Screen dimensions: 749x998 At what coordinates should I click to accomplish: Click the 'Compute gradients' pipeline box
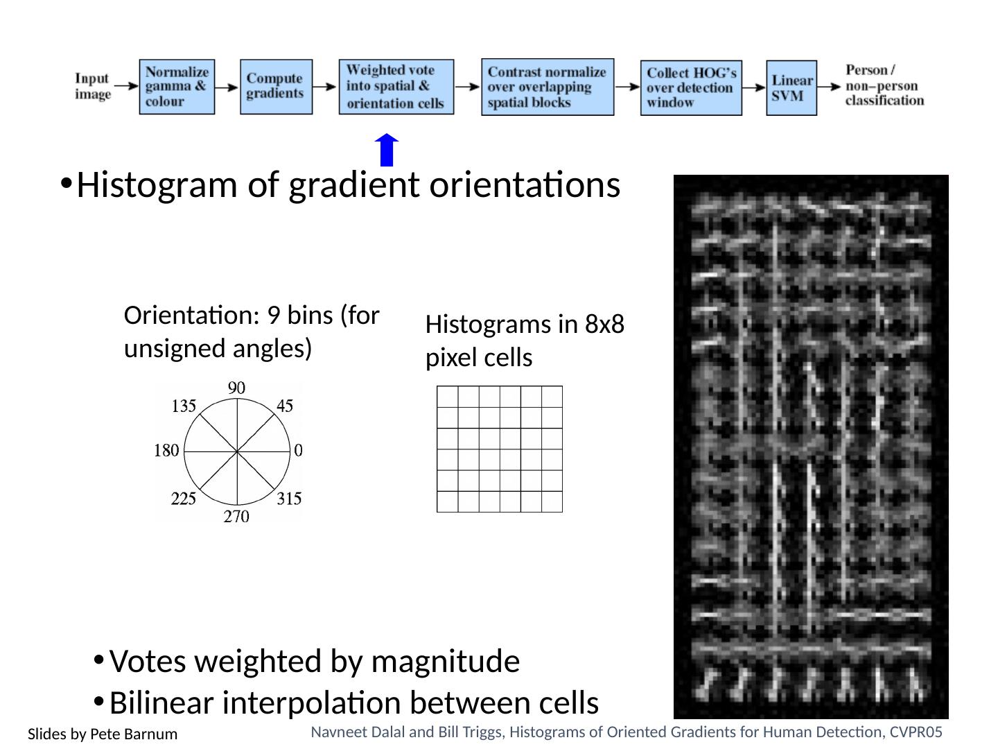coord(276,87)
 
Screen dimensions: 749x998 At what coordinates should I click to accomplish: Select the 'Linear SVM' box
coord(791,87)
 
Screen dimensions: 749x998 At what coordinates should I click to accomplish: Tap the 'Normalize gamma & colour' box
coord(177,87)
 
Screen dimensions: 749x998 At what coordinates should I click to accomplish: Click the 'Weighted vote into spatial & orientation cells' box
coord(396,87)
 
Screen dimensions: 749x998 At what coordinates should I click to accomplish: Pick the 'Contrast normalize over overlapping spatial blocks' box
coord(548,87)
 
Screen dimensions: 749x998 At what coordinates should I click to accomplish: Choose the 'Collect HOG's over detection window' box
coord(691,87)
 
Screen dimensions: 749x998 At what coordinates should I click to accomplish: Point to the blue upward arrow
coord(387,150)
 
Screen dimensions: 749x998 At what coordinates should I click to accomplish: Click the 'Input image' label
coord(93,86)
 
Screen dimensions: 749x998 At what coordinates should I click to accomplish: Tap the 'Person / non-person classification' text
coord(884,85)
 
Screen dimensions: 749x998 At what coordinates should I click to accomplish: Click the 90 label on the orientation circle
coord(237,388)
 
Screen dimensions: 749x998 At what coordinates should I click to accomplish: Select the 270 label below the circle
coord(236,517)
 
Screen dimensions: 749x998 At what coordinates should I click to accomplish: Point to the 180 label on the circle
coord(166,451)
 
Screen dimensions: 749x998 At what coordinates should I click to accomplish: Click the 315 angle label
coord(290,499)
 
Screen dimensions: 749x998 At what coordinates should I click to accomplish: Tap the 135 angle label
coord(184,406)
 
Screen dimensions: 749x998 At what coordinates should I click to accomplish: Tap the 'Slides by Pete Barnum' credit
coord(103,734)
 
